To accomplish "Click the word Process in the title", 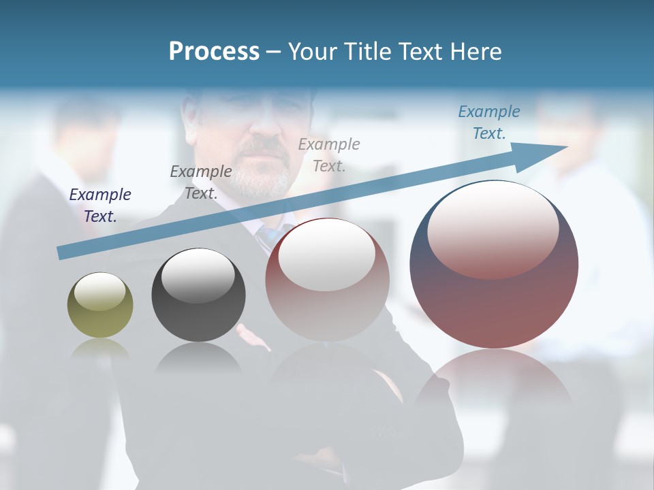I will point(214,52).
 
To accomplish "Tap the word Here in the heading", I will point(474,52).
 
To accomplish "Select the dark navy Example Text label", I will point(100,206).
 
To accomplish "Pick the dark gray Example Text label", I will point(201,182).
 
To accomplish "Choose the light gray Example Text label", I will point(329,154).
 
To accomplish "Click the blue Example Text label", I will point(488,122).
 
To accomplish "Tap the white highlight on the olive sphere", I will point(99,291).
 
